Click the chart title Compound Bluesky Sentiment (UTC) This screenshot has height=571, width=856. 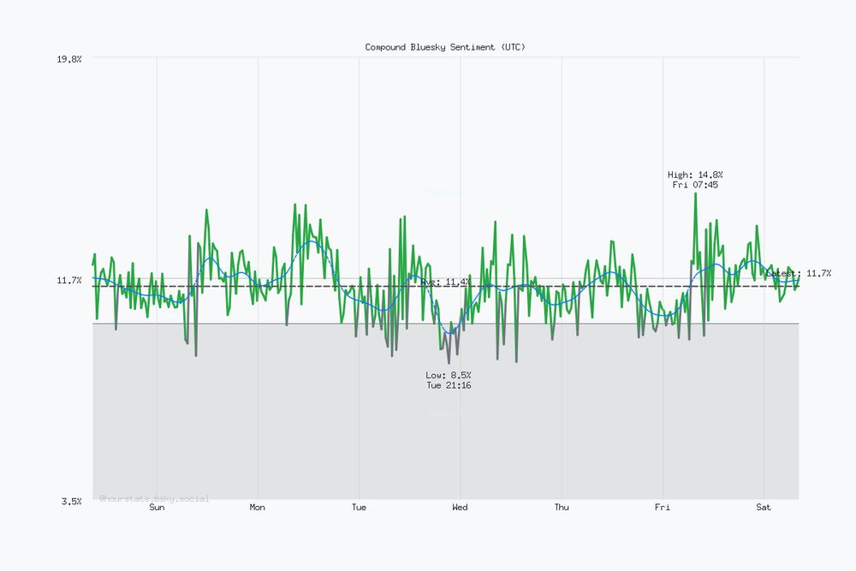445,47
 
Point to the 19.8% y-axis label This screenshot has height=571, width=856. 68,58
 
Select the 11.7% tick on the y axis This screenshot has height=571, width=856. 68,280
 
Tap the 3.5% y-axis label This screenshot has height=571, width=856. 71,501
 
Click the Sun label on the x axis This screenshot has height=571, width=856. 157,508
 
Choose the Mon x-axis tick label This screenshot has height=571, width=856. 258,508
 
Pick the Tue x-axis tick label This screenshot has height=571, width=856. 359,508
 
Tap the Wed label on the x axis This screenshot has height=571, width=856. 460,508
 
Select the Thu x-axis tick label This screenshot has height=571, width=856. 562,508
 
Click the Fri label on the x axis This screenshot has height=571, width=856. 663,508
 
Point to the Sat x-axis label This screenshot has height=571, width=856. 764,508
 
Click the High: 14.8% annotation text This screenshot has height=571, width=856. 695,175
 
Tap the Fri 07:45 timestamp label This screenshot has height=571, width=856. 695,185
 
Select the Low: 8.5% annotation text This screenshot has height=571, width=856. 449,375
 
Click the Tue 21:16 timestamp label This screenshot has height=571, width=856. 449,385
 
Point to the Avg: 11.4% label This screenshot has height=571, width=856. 445,282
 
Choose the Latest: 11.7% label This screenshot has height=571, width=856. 799,273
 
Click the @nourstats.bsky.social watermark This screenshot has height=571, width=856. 154,498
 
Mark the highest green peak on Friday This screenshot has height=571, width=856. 695,193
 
